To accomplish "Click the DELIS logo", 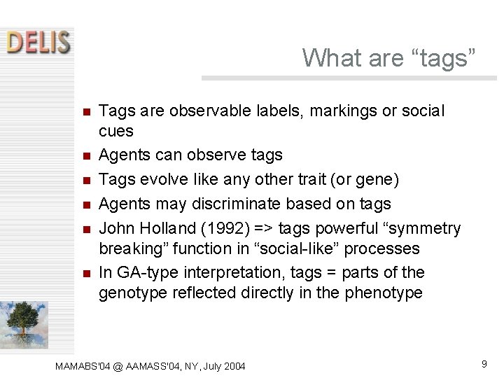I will [x=38, y=42].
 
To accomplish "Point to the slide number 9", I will [x=484, y=363].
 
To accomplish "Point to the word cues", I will [x=116, y=131].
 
